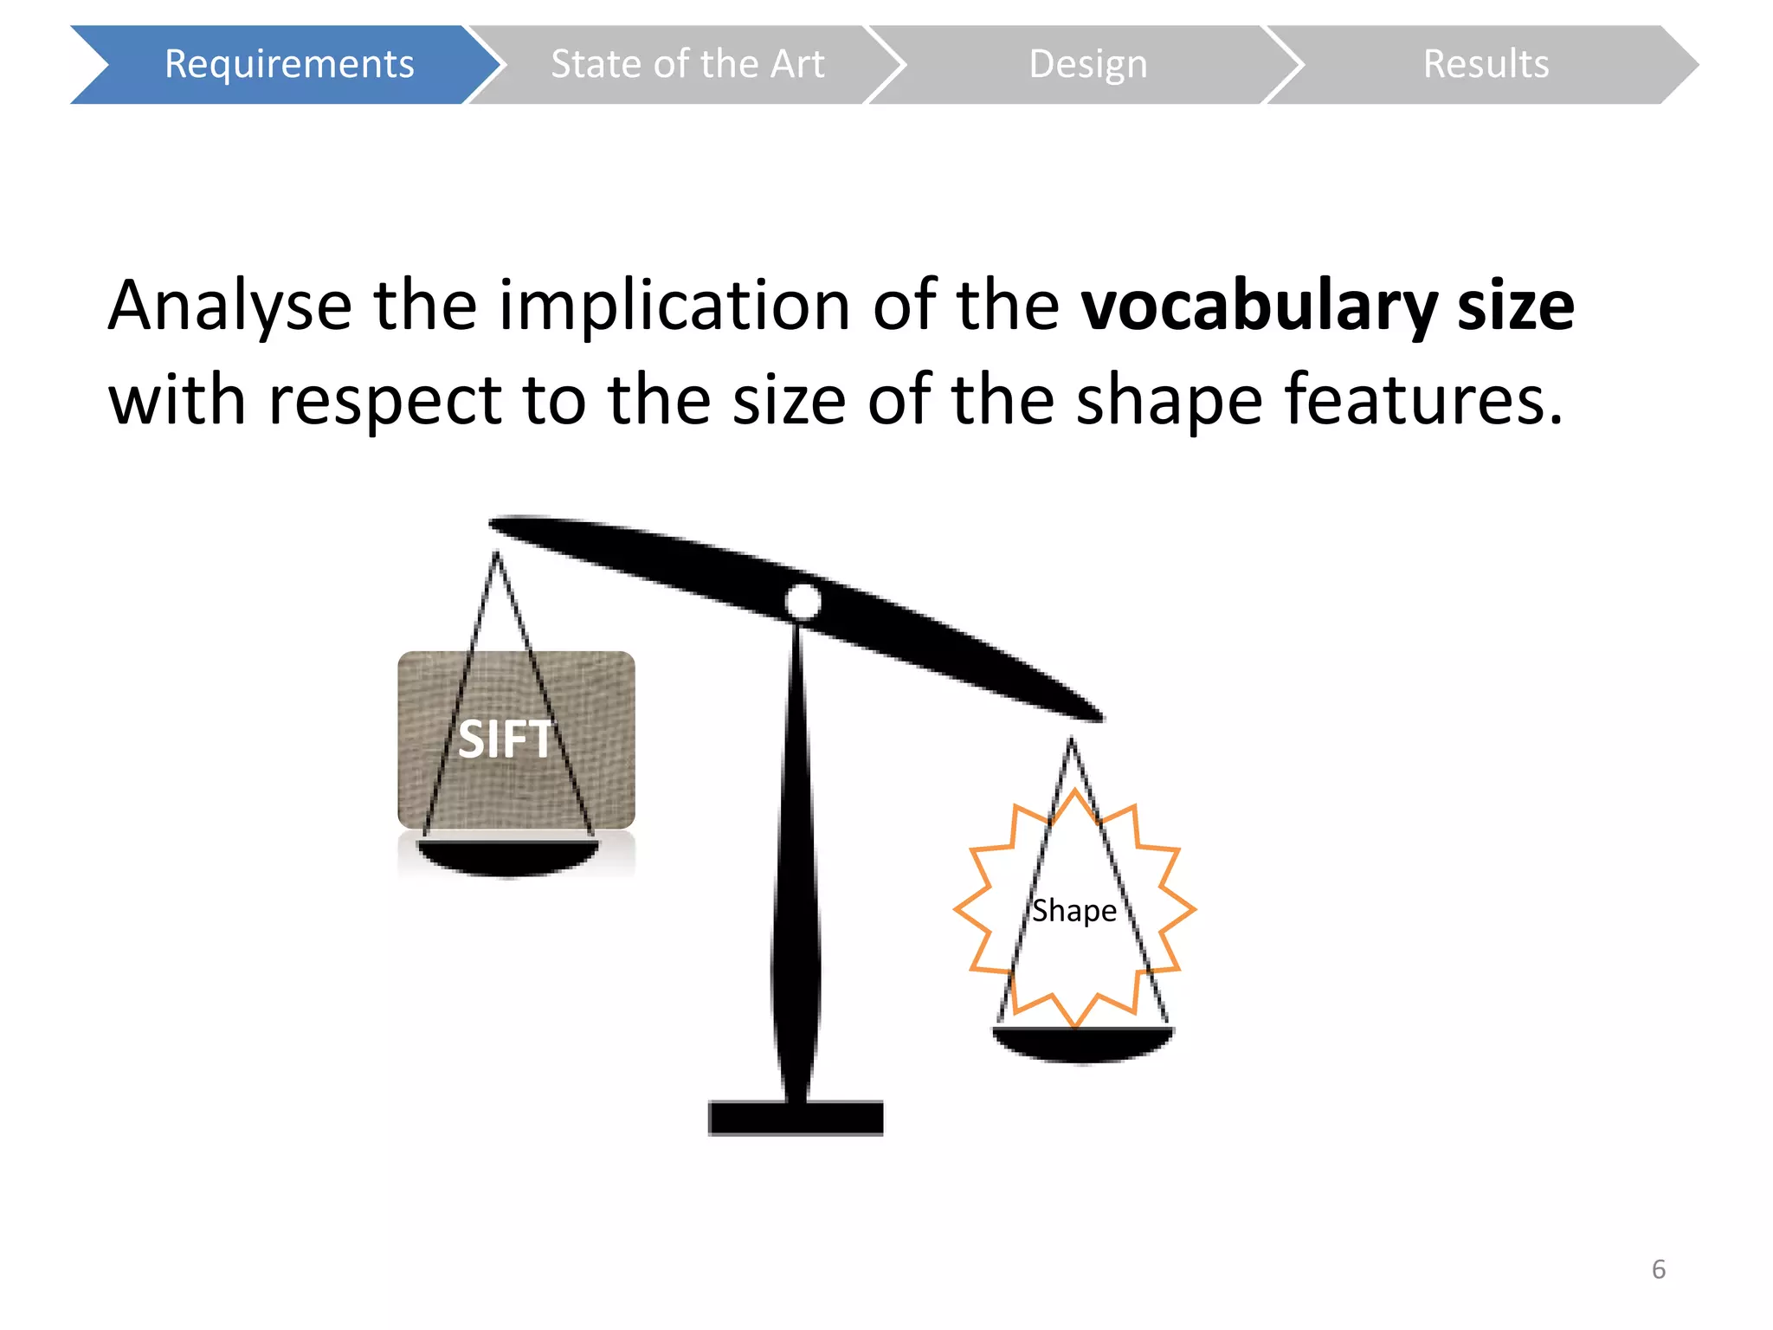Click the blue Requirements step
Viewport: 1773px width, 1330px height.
(288, 64)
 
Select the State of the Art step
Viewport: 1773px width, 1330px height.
(687, 64)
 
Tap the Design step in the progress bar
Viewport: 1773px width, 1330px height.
(1087, 64)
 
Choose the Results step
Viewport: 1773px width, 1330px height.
(1486, 64)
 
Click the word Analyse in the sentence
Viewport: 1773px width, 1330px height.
(229, 307)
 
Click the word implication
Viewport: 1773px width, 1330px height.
(674, 307)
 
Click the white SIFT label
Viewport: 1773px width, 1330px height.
(504, 739)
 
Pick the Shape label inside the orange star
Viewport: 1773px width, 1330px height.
(1073, 911)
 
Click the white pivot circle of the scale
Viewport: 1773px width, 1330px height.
(803, 601)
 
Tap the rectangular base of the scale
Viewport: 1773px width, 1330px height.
(796, 1117)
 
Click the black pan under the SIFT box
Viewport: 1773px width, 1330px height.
(507, 855)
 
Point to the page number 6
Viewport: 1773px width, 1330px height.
(1658, 1269)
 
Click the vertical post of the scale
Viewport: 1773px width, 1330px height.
(796, 866)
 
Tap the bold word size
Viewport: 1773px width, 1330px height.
(1515, 307)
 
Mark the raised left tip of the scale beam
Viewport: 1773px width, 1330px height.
(502, 524)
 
